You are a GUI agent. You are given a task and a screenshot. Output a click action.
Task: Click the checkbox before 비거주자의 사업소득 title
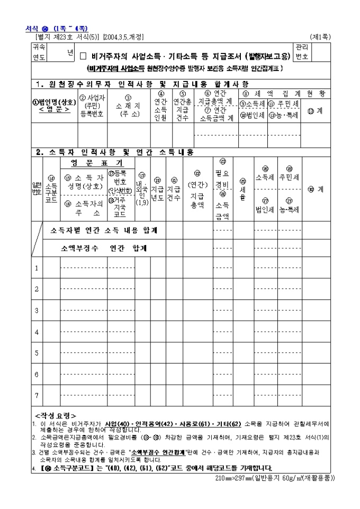pyautogui.click(x=83, y=55)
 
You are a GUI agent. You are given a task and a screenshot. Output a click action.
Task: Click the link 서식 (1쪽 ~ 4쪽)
pyautogui.click(x=57, y=28)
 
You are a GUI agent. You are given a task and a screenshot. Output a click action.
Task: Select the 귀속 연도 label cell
pyautogui.click(x=39, y=52)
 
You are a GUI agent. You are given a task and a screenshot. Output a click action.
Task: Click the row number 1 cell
pyautogui.click(x=37, y=268)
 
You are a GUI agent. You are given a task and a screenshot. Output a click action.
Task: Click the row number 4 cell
pyautogui.click(x=37, y=332)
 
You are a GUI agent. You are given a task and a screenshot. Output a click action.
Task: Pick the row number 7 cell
pyautogui.click(x=37, y=395)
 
